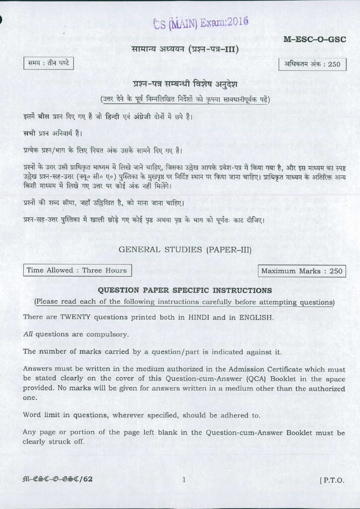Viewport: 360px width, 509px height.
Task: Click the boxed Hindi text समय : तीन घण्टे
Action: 49,64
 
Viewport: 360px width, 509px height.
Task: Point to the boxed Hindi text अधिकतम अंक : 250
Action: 312,65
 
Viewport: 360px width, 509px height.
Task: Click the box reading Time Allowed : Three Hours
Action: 77,270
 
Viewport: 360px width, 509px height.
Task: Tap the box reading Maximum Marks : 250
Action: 302,271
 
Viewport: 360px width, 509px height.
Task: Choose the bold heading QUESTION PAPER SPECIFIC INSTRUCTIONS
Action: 184,290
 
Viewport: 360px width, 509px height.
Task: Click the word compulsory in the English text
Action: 109,335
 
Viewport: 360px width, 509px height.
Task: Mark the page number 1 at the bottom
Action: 184,480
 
